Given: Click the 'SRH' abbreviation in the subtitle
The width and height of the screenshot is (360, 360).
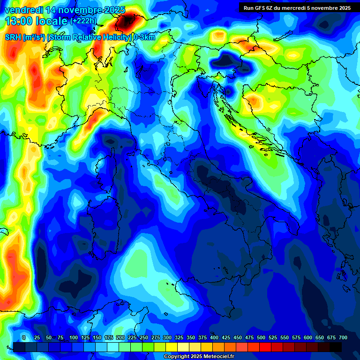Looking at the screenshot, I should [13, 37].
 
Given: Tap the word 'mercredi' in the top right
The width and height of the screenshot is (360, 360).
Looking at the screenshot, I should [298, 8].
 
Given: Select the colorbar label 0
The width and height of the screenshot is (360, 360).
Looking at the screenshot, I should [24, 337].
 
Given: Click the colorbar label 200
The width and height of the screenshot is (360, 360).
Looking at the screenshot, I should [120, 337].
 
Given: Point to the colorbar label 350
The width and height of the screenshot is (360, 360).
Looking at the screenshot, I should [190, 337].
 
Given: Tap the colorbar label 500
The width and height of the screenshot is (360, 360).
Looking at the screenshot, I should [261, 337].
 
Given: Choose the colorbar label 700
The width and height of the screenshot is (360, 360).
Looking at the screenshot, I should [343, 337].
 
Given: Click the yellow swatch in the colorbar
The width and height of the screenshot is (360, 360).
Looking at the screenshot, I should [172, 347].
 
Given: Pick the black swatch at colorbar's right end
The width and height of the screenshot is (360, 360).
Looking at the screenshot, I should [336, 347].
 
